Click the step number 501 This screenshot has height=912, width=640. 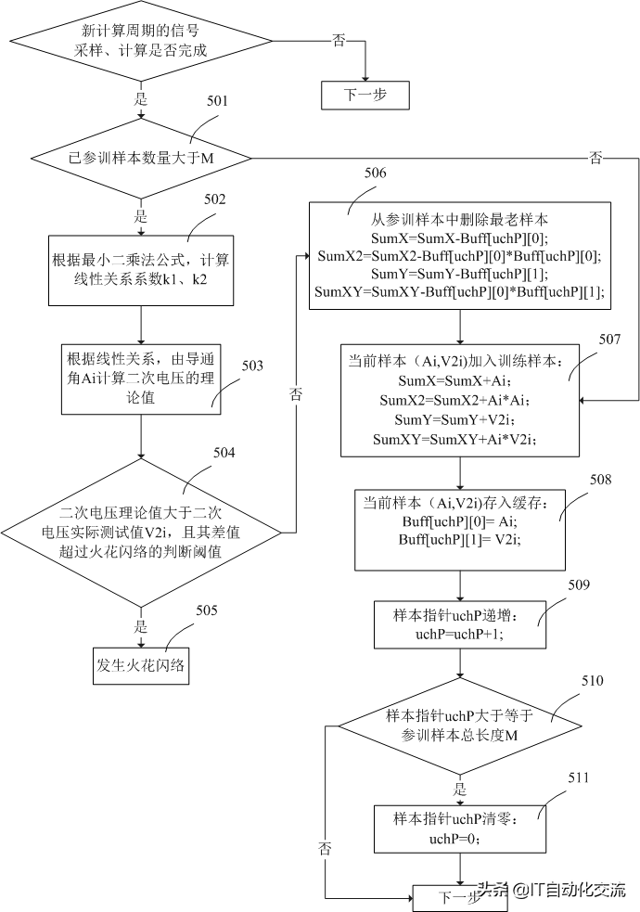(217, 100)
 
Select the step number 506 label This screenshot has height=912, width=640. (376, 173)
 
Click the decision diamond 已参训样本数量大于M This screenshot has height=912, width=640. (141, 158)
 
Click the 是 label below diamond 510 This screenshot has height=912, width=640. (460, 790)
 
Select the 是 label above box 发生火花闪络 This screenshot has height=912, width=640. (142, 626)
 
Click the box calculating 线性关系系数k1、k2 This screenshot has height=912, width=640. (141, 268)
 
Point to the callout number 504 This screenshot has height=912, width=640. (224, 453)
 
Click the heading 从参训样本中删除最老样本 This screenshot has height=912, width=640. (460, 221)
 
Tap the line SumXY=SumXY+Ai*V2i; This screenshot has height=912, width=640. (460, 440)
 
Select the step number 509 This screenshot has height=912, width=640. (578, 585)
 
